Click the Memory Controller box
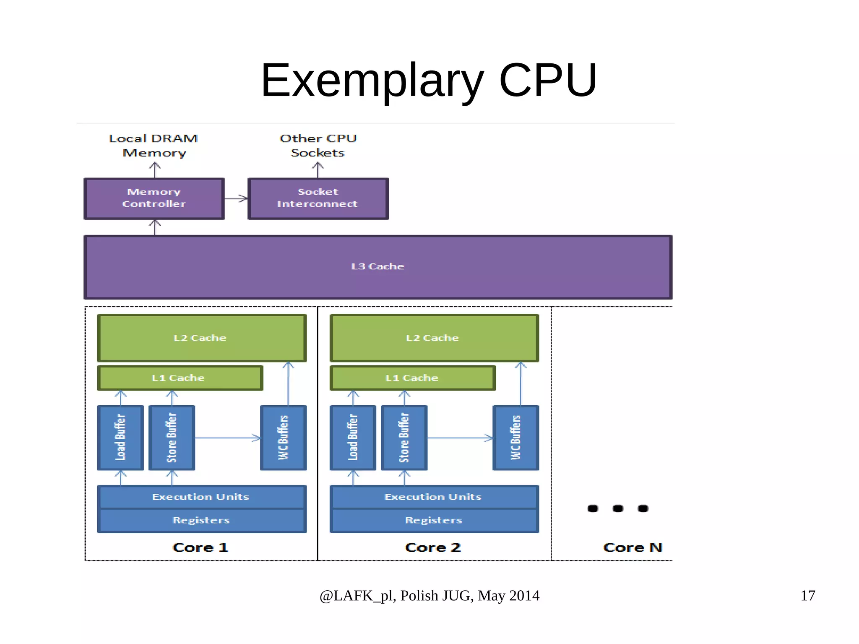point(154,198)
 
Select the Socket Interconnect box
point(318,198)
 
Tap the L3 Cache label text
point(377,266)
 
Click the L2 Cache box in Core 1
point(201,338)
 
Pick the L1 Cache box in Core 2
point(412,378)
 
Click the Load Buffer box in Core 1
point(120,438)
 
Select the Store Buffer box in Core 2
point(404,438)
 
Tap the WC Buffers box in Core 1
point(284,438)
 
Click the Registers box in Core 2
point(434,521)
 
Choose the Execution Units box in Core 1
point(201,497)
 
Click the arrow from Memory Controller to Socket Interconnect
point(236,198)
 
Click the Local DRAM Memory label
point(154,146)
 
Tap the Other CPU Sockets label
point(318,146)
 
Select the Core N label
point(633,548)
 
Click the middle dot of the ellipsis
point(618,508)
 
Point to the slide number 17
point(807,596)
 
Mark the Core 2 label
point(433,548)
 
